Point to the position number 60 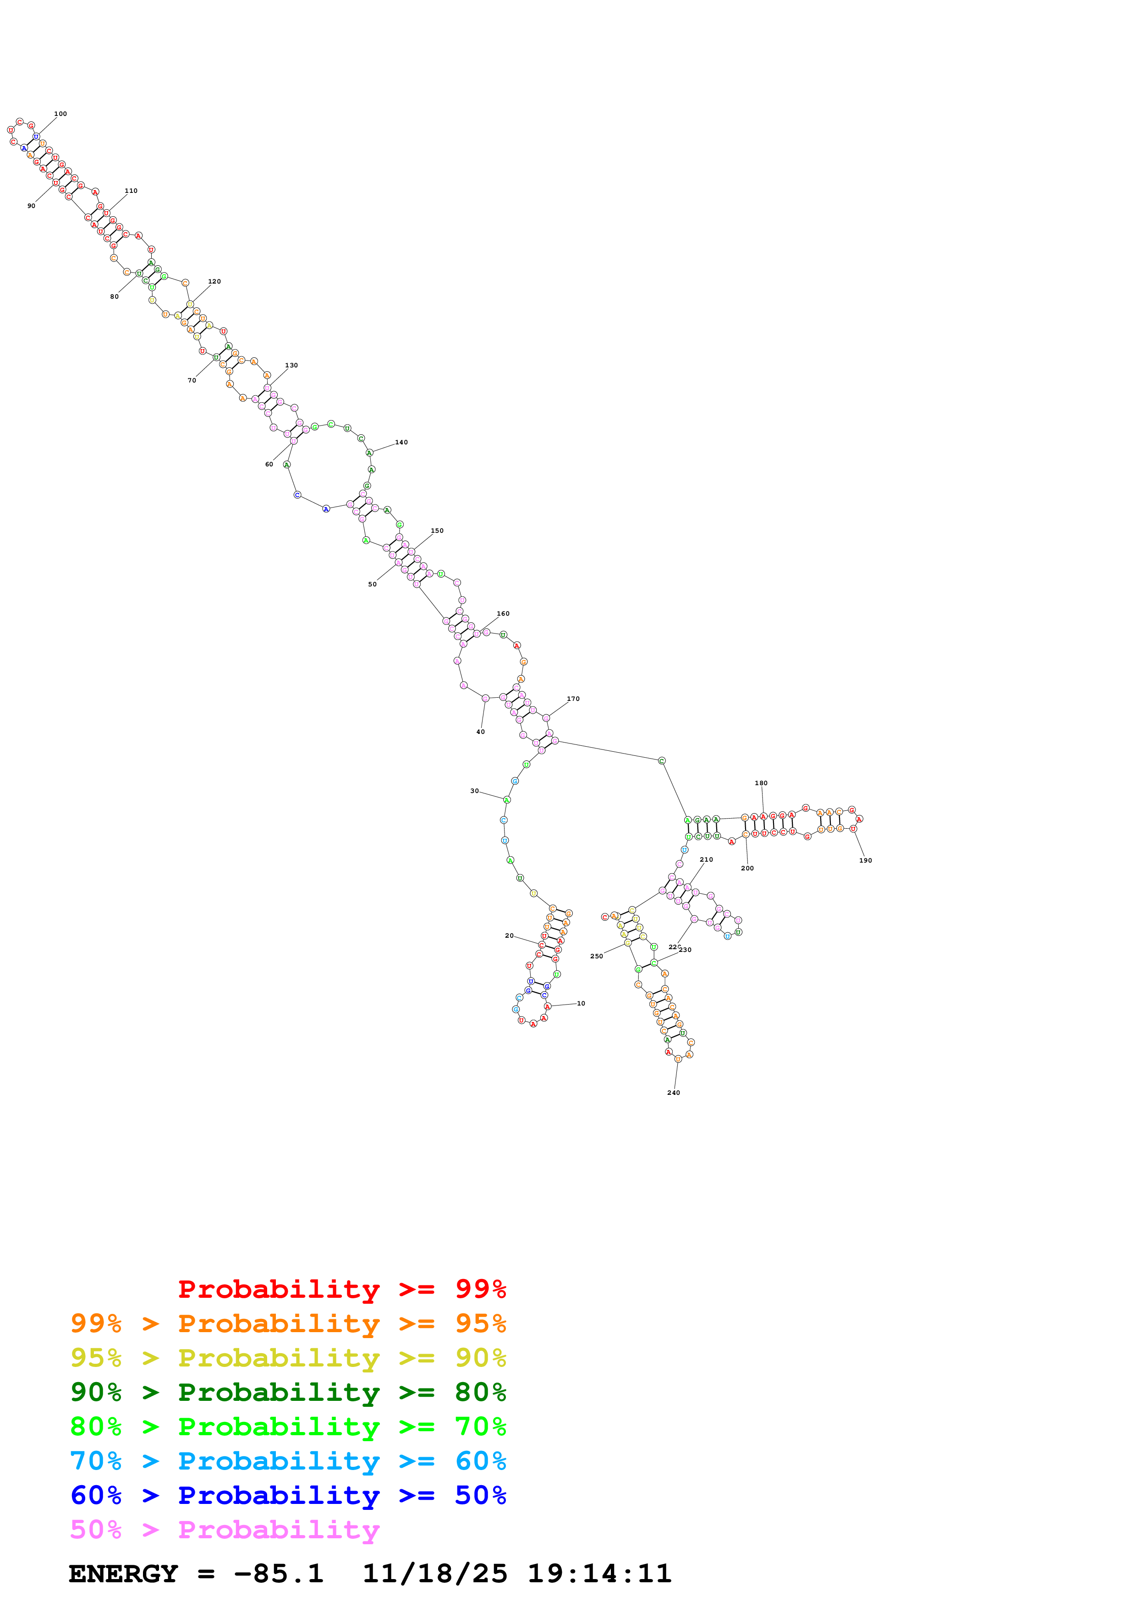[x=269, y=464]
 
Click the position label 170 [x=573, y=699]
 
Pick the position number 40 [x=480, y=732]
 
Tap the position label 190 [x=866, y=860]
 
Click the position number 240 [x=673, y=1093]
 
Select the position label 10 [x=581, y=1003]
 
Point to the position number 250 [x=596, y=956]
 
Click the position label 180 [x=761, y=783]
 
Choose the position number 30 [x=475, y=791]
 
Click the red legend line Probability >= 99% [x=341, y=1289]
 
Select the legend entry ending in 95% [x=288, y=1323]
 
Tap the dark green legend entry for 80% [x=288, y=1392]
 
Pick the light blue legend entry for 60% [x=288, y=1461]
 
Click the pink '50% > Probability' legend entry [x=225, y=1529]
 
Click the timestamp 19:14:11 [x=599, y=1574]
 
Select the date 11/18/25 [x=435, y=1574]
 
